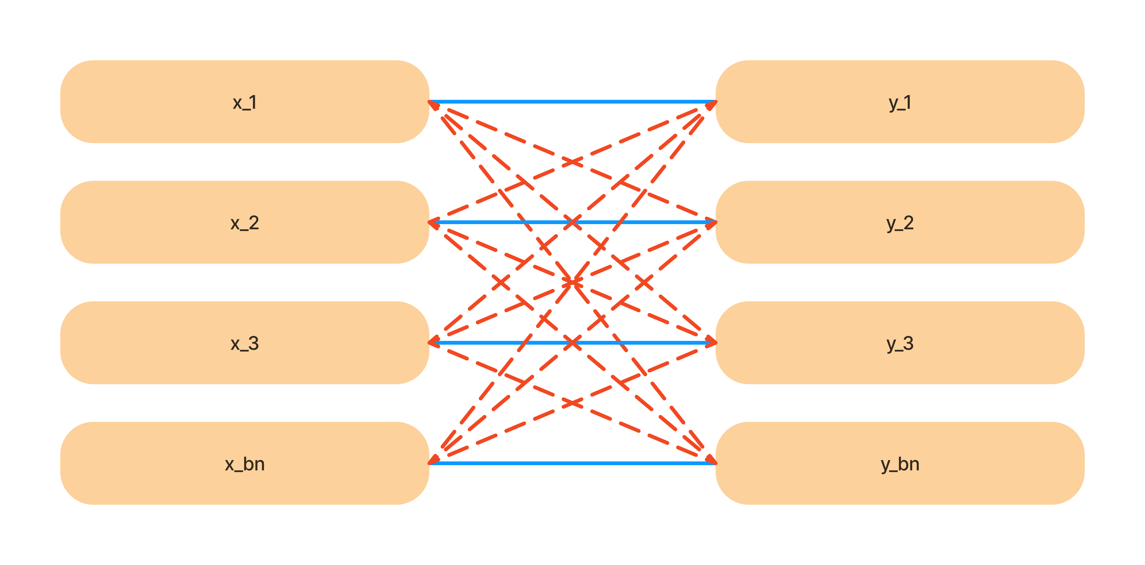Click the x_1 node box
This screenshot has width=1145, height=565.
coord(245,102)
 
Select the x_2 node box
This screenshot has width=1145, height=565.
coord(245,222)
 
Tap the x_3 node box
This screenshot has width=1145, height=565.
coord(245,343)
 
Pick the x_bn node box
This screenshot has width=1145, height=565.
coord(245,463)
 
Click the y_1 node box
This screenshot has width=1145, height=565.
coord(900,102)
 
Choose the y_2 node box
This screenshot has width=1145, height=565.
coord(900,222)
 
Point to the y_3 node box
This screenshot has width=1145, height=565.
coord(900,343)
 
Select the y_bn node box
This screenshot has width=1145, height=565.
coord(900,463)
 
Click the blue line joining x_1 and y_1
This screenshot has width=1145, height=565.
coord(572,102)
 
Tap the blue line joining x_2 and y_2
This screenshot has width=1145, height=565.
coord(572,222)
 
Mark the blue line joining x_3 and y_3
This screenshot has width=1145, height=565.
coord(572,343)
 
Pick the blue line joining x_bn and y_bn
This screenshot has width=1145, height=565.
coord(572,463)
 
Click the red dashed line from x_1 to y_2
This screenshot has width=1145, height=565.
coord(572,162)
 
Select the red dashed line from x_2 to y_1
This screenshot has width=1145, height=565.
coord(572,162)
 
